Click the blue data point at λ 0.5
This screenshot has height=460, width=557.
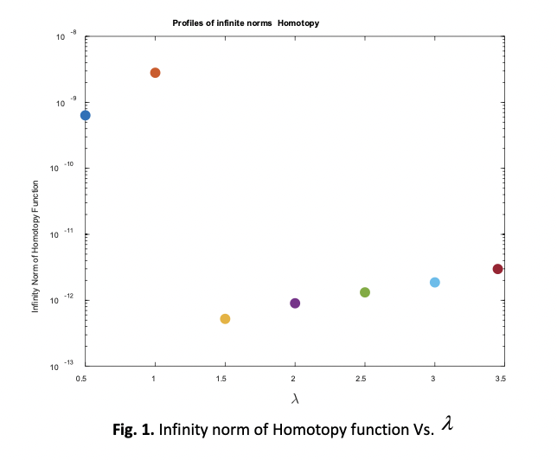(85, 115)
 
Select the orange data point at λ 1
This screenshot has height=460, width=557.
(155, 73)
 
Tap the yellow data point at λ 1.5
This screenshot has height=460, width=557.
(225, 319)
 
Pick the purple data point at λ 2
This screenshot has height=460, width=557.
(295, 303)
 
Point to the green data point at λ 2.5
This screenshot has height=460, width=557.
(365, 292)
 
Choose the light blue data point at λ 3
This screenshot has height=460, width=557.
(435, 283)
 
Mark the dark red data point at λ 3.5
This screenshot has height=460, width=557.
(498, 269)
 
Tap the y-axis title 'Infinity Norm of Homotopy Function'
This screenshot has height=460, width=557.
(35, 246)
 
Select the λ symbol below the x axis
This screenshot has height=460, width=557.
(294, 399)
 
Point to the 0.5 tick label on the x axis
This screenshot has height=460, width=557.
(82, 379)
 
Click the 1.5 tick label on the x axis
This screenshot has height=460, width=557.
(224, 379)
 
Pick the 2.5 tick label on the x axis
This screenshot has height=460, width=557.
(364, 379)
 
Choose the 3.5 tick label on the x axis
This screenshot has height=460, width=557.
(499, 379)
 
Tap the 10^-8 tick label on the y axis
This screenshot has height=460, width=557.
(65, 36)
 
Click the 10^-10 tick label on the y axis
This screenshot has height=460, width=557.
(64, 168)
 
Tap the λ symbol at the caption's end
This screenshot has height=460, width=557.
(447, 422)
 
